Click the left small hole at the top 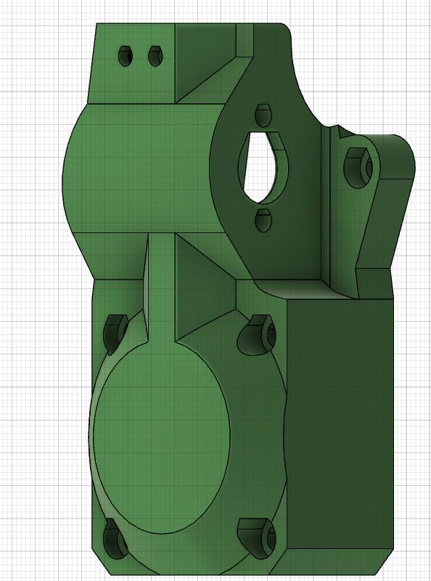click(125, 56)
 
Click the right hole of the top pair click(154, 56)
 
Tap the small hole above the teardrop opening click(263, 114)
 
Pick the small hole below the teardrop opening click(263, 218)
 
